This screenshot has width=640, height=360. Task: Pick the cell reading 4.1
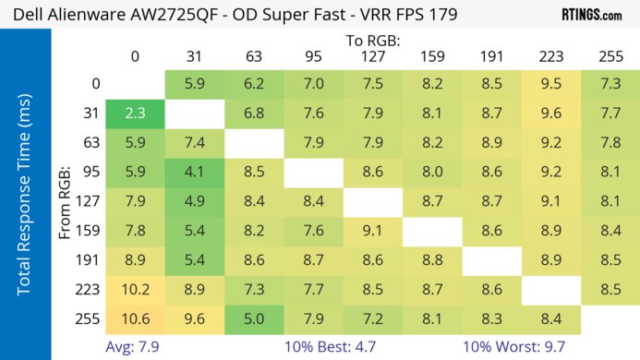click(195, 173)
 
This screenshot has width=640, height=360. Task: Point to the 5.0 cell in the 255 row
click(254, 319)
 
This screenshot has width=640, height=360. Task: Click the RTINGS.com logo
click(592, 15)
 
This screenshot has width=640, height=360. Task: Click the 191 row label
click(92, 260)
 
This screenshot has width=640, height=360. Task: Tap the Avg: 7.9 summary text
click(135, 346)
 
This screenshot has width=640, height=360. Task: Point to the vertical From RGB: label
click(66, 203)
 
